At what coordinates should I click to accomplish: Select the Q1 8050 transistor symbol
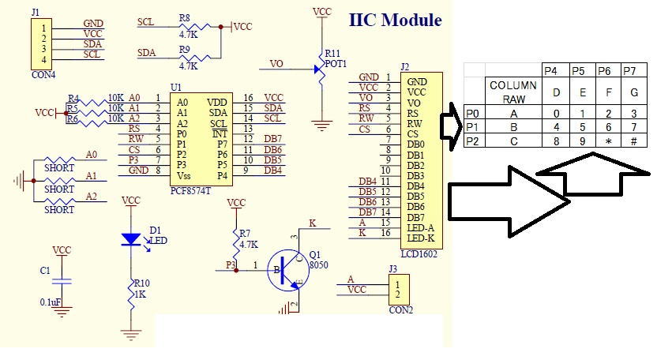286,272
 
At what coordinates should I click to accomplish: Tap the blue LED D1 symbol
133,238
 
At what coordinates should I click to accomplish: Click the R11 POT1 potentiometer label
334,58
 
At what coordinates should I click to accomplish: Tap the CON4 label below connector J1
42,75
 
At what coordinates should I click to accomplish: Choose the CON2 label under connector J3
401,309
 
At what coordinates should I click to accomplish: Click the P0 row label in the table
472,113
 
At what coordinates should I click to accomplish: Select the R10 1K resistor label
141,287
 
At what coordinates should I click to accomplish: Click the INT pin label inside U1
219,134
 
